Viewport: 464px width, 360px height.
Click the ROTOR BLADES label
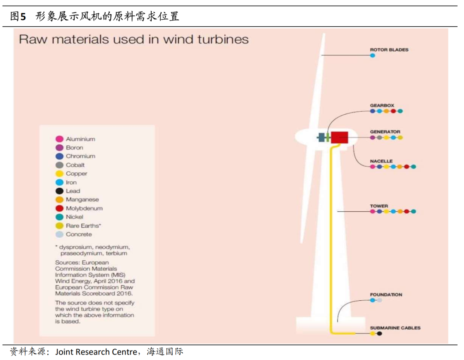pos(389,50)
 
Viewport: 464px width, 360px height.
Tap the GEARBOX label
pos(382,105)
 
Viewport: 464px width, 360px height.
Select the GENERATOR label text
pos(385,132)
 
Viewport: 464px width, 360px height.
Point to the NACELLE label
pos(381,161)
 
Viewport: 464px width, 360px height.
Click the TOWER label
pos(379,206)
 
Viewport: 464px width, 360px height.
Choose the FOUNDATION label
pos(386,295)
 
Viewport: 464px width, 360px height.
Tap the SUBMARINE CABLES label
pos(395,328)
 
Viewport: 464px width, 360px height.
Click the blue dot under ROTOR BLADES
pos(372,55)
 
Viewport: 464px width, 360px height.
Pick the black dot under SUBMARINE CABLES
pos(379,333)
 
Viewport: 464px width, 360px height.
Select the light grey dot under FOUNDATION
pos(379,300)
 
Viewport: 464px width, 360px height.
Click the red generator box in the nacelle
pos(339,137)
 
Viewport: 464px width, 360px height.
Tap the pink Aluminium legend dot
pos(60,139)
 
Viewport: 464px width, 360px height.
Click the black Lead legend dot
pos(60,191)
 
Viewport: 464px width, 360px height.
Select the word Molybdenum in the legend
pos(84,208)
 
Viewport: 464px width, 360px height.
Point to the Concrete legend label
pos(79,235)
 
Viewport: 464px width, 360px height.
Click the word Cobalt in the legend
pos(75,165)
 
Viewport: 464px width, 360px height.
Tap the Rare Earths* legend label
pos(83,226)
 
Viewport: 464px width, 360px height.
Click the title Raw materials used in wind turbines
pos(134,40)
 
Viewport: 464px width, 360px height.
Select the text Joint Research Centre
pos(94,352)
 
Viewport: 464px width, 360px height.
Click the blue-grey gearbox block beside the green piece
pos(321,137)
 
